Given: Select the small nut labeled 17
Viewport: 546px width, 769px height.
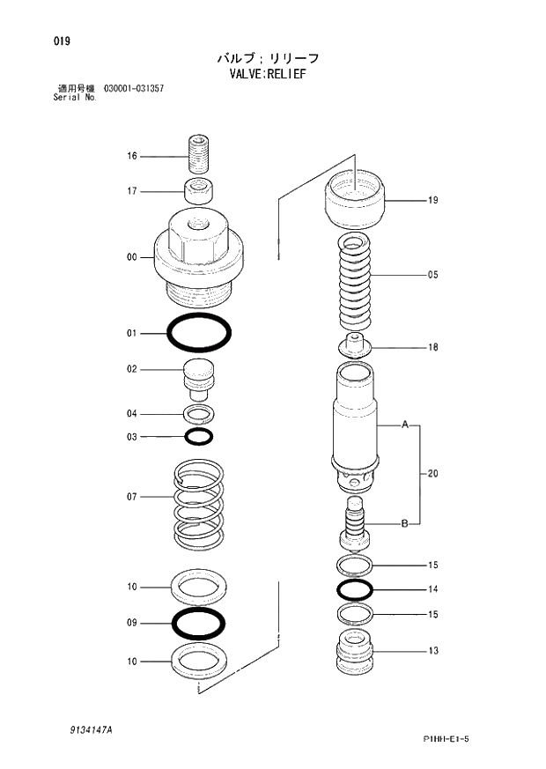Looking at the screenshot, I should (x=199, y=190).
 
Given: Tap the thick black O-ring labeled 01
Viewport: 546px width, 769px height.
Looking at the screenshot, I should (x=199, y=334).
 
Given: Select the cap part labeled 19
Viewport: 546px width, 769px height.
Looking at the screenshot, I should (x=356, y=201).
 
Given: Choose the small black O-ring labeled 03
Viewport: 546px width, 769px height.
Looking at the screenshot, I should (x=199, y=437).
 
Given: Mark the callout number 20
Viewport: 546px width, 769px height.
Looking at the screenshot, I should (x=432, y=474).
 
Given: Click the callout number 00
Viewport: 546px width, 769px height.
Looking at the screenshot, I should (x=132, y=257).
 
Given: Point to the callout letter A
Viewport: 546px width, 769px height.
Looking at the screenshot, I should (x=405, y=425).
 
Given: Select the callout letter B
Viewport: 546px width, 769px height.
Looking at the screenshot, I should (x=404, y=524).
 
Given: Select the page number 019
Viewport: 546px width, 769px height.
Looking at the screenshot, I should (x=61, y=41).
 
